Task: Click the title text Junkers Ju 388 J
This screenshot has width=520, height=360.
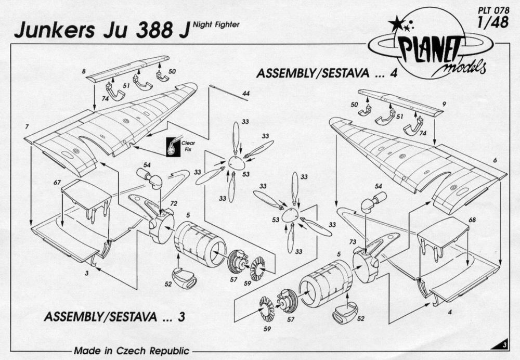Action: pos(99,30)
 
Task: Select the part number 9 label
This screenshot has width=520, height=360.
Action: pos(444,104)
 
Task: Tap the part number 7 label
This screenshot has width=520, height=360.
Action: pos(26,127)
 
